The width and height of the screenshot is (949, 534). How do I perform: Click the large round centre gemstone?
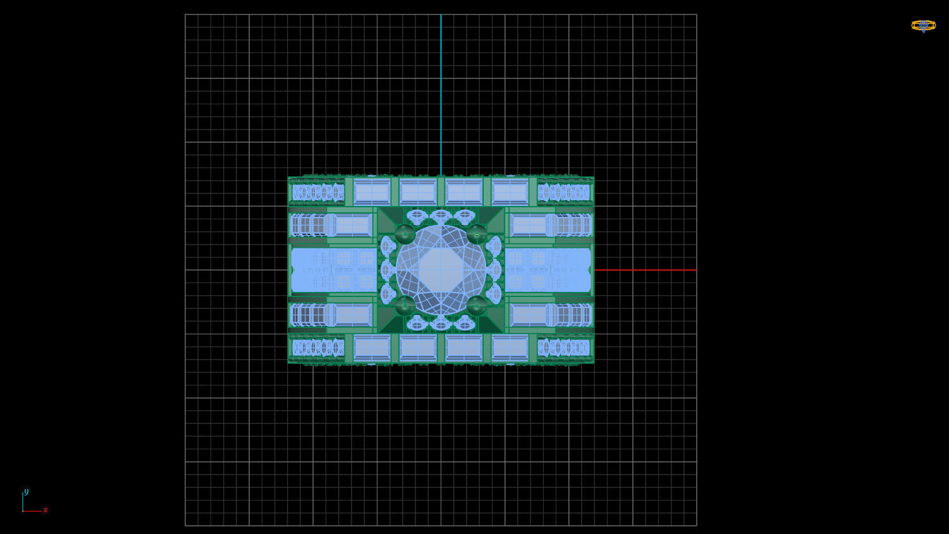[441, 270]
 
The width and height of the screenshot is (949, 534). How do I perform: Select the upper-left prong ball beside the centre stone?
[405, 234]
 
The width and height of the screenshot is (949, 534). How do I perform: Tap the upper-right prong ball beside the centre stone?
[477, 234]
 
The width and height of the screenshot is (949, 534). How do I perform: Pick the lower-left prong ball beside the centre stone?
[405, 306]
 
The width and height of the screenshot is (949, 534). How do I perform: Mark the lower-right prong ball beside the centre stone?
[477, 306]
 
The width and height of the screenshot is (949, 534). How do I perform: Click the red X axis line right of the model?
[645, 270]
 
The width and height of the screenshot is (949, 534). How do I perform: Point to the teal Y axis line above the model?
[441, 95]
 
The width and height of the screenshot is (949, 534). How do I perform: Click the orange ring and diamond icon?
[923, 25]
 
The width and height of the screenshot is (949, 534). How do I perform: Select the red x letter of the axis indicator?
[46, 510]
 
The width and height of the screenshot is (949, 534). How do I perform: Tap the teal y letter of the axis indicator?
[26, 492]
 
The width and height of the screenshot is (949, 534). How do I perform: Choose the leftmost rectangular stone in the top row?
[372, 191]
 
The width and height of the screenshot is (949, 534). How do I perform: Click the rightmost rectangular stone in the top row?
[510, 191]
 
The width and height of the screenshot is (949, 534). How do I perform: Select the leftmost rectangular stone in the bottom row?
[372, 348]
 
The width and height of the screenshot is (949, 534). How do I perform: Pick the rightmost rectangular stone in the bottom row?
[510, 348]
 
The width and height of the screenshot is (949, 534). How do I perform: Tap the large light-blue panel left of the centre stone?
[333, 270]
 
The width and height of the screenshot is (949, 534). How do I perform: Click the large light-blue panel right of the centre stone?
[548, 270]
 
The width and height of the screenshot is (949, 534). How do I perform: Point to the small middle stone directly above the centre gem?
[441, 215]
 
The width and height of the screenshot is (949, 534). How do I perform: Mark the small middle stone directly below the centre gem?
[441, 324]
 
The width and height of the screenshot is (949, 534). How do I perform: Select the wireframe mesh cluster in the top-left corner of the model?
[317, 192]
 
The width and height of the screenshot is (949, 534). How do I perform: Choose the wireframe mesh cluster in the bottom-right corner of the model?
[564, 348]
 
